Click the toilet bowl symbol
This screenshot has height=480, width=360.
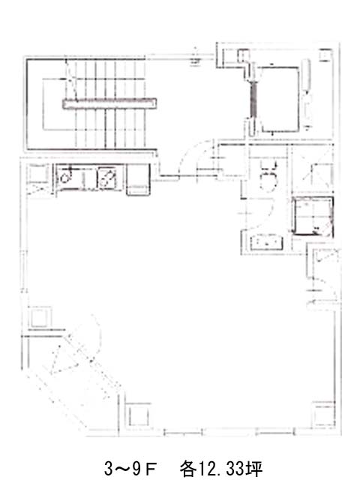(x=268, y=178)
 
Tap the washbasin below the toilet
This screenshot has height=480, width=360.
(x=265, y=242)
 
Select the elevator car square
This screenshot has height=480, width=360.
(x=280, y=99)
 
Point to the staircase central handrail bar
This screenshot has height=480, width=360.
(x=109, y=103)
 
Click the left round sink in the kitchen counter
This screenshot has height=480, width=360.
(x=65, y=177)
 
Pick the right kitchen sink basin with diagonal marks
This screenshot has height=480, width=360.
(x=106, y=178)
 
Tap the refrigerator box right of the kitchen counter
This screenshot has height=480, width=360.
(x=139, y=179)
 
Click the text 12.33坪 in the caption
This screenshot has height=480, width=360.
(x=231, y=468)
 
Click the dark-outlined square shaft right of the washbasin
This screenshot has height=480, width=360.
(x=313, y=216)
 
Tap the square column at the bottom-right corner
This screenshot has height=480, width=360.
(x=323, y=415)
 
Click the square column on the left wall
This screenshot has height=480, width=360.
(x=40, y=317)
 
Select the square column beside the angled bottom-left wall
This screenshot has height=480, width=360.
(x=139, y=415)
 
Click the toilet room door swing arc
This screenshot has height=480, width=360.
(x=265, y=213)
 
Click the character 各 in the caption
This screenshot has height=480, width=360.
(x=188, y=468)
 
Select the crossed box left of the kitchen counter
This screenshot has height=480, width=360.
(x=37, y=179)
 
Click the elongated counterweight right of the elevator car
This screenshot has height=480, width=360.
(x=307, y=75)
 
